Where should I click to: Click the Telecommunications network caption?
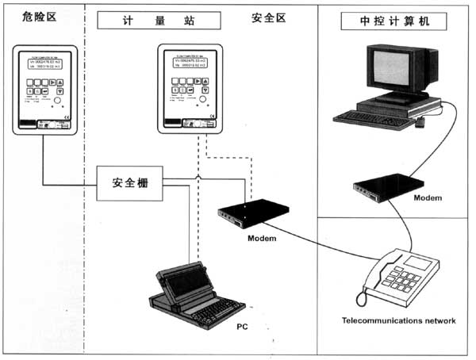(x=398, y=320)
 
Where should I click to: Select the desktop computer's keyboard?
(x=369, y=118)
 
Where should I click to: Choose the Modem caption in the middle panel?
(x=263, y=238)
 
